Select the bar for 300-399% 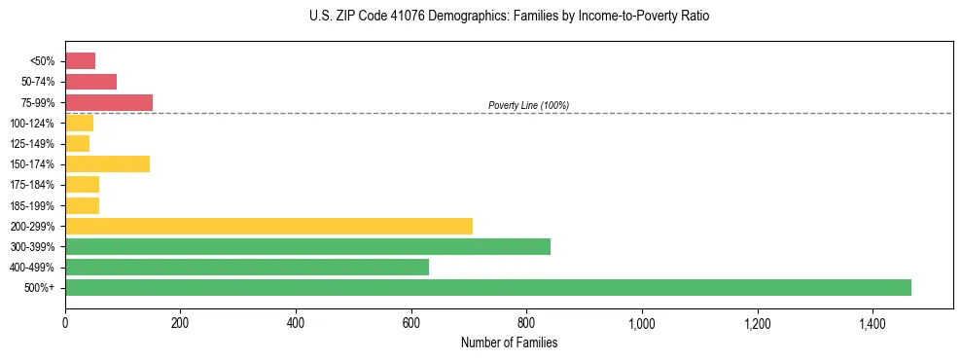(307, 246)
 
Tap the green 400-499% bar (247, 267)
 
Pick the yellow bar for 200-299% (268, 226)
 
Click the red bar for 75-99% (109, 102)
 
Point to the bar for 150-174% (107, 163)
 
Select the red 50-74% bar (90, 82)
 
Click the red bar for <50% (80, 61)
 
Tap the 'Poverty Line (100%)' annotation (528, 105)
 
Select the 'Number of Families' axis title (509, 342)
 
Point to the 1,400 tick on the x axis (872, 322)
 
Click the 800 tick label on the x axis (526, 322)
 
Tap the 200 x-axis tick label (180, 322)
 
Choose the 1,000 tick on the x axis (641, 322)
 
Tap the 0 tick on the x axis (65, 322)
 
